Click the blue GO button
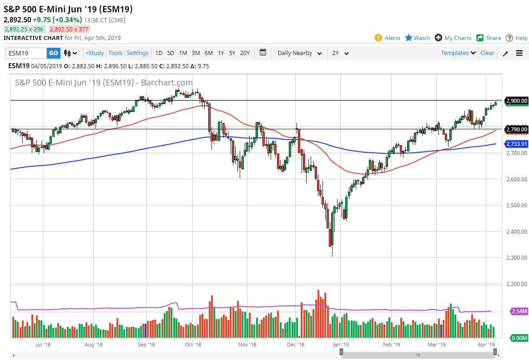[x=53, y=53]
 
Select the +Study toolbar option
[x=95, y=53]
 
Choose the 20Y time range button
[x=245, y=53]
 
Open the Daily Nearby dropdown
[x=300, y=53]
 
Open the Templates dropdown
[x=458, y=53]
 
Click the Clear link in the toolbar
[x=487, y=53]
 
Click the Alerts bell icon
[x=378, y=38]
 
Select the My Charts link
[x=458, y=38]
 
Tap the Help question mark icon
[x=509, y=38]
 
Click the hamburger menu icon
[x=519, y=53]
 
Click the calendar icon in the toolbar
[x=263, y=53]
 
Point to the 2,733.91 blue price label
[x=516, y=144]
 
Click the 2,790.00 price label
[x=516, y=130]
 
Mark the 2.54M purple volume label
[x=519, y=311]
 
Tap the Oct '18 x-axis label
[x=193, y=345]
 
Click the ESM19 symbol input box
[x=26, y=53]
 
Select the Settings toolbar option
[x=137, y=53]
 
